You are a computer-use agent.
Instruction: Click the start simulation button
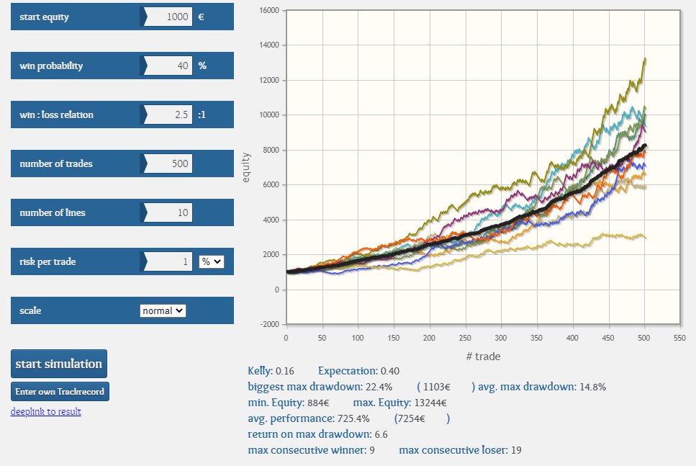(59, 364)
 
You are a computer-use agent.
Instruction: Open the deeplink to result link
(45, 411)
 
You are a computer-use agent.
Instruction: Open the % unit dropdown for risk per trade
(212, 261)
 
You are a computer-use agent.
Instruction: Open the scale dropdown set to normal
(163, 310)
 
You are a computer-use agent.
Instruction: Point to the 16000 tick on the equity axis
(269, 11)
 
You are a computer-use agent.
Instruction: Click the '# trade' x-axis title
(483, 356)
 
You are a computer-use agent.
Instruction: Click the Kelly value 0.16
(285, 371)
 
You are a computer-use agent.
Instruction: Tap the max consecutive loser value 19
(515, 450)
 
